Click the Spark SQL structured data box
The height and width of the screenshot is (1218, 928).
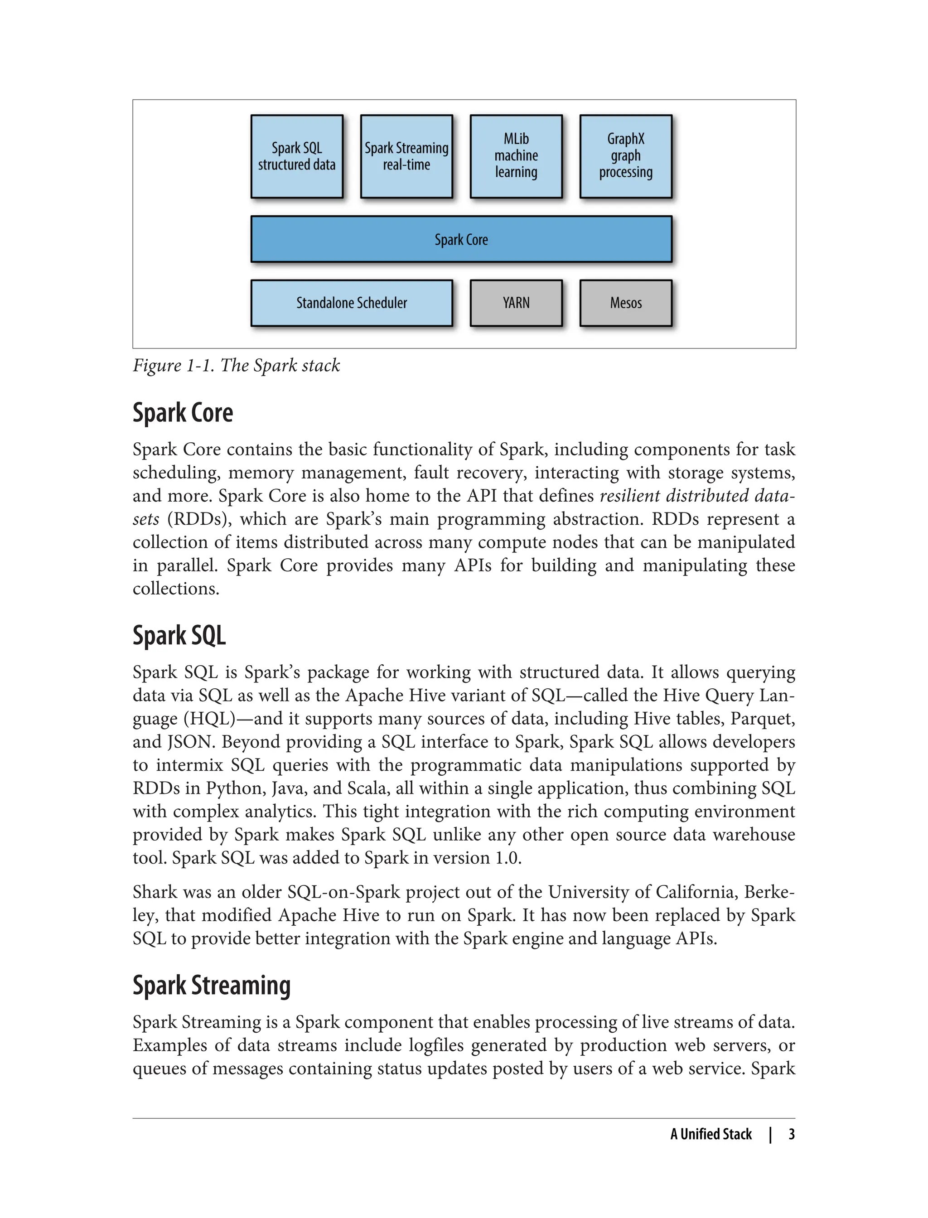point(297,156)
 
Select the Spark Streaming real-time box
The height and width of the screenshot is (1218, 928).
point(406,156)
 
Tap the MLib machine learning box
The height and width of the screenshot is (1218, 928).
point(516,156)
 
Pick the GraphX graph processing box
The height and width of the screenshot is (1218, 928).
point(625,156)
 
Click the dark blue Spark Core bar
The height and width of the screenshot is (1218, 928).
point(461,239)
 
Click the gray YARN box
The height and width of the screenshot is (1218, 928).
point(516,303)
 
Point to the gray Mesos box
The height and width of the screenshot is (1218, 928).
point(625,303)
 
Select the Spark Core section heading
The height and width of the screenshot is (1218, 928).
point(183,413)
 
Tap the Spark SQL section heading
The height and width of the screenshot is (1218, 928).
point(179,636)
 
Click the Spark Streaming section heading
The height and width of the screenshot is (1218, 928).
point(212,986)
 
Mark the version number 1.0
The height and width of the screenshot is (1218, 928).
point(507,858)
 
